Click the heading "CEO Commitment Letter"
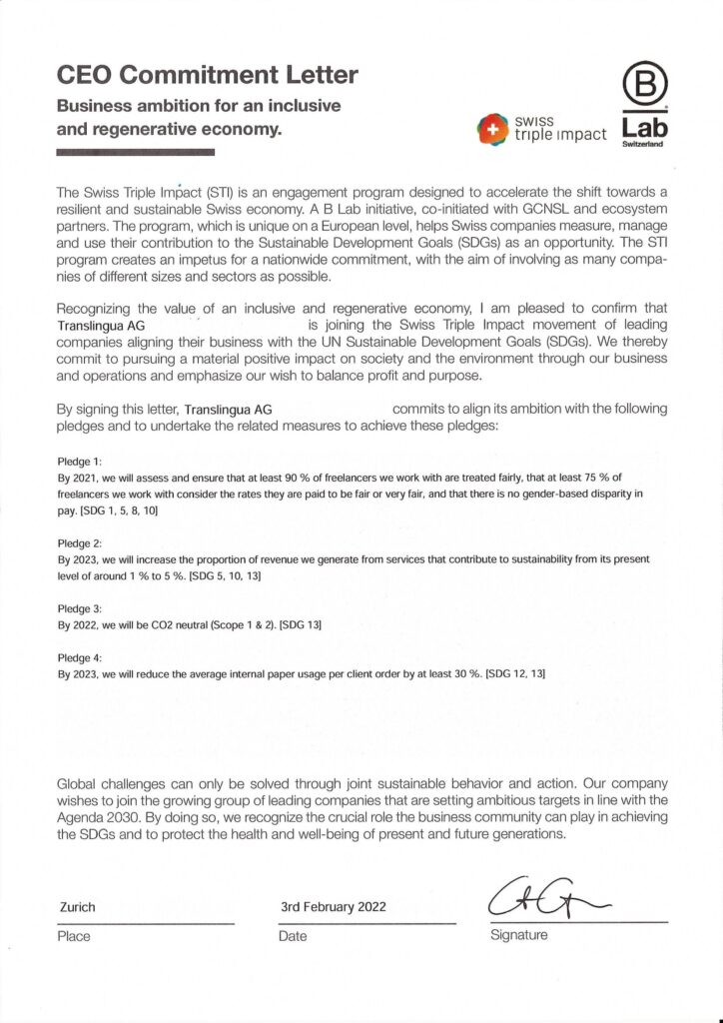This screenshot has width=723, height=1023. pos(207,74)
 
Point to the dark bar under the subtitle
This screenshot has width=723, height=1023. pos(136,152)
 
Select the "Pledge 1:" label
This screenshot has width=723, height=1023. pos(80,462)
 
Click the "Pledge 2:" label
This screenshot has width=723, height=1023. pos(80,544)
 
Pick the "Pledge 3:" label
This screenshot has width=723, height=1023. pos(80,608)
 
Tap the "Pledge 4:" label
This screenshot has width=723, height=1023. pos(80,658)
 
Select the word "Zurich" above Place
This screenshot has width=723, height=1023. pos(78,907)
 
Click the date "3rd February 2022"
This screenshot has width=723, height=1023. pos(334,907)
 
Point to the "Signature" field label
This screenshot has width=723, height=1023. pos(519,936)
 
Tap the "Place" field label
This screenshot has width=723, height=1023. pos(74,937)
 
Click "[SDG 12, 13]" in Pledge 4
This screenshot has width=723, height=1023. pos(514,675)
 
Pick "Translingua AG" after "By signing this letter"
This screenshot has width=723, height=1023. pos(229,410)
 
